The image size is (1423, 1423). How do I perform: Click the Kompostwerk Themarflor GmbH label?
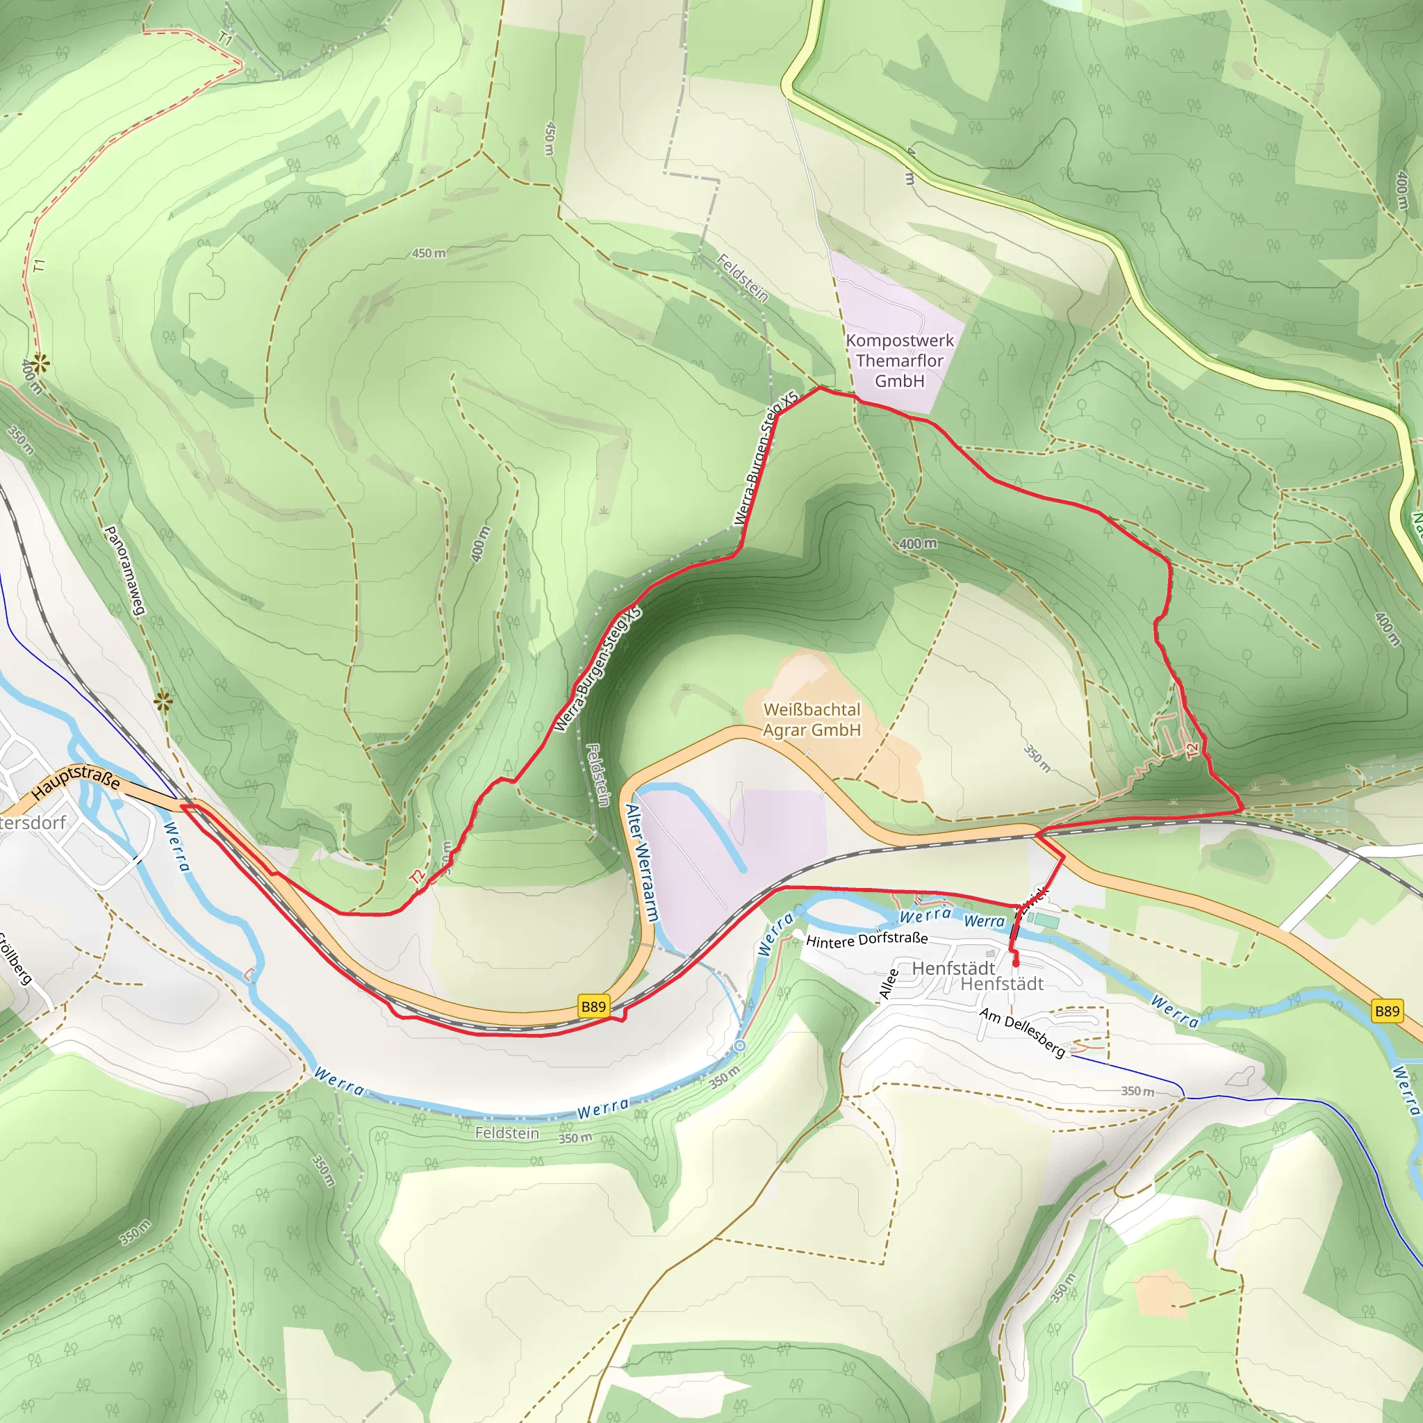pyautogui.click(x=899, y=361)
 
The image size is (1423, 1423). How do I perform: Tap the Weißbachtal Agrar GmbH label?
pyautogui.click(x=812, y=720)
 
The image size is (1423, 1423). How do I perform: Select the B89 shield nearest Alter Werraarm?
pyautogui.click(x=593, y=1007)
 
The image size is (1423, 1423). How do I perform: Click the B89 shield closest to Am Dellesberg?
pyautogui.click(x=1387, y=1011)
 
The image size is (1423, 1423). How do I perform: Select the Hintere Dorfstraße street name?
pyautogui.click(x=866, y=940)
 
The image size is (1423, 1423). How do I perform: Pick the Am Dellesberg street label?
pyautogui.click(x=1021, y=1032)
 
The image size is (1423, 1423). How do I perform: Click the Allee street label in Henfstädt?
pyautogui.click(x=889, y=984)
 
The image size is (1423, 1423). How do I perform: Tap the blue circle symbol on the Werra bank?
pyautogui.click(x=740, y=1046)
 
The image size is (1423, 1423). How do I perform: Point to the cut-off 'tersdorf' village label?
pyautogui.click(x=33, y=823)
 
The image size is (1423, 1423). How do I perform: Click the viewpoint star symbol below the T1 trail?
pyautogui.click(x=40, y=363)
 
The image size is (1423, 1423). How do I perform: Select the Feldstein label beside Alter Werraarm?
pyautogui.click(x=598, y=775)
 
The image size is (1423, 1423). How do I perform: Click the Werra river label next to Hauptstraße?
pyautogui.click(x=176, y=846)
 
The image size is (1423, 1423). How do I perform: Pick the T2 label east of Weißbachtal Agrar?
pyautogui.click(x=1192, y=750)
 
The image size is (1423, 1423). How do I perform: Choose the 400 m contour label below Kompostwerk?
pyautogui.click(x=918, y=543)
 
